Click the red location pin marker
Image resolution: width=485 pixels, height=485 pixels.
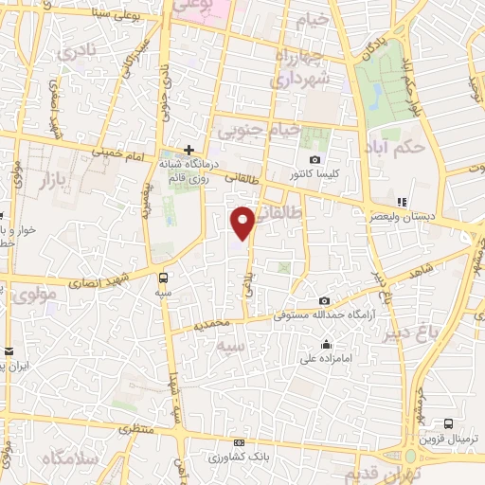(243, 222)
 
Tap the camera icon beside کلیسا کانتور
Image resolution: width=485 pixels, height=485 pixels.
(314, 160)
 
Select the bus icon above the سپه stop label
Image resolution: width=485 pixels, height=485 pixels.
(165, 278)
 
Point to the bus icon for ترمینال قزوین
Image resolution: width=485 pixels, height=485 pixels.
(448, 424)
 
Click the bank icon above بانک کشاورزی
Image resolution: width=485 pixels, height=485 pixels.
(239, 443)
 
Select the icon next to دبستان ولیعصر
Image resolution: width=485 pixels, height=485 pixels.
(402, 202)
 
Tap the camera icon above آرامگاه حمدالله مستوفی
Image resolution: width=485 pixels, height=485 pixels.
(324, 301)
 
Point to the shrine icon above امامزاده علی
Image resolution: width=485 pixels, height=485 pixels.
(327, 344)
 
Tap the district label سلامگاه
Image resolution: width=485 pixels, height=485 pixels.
(67, 458)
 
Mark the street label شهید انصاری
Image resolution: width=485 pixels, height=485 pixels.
(90, 281)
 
